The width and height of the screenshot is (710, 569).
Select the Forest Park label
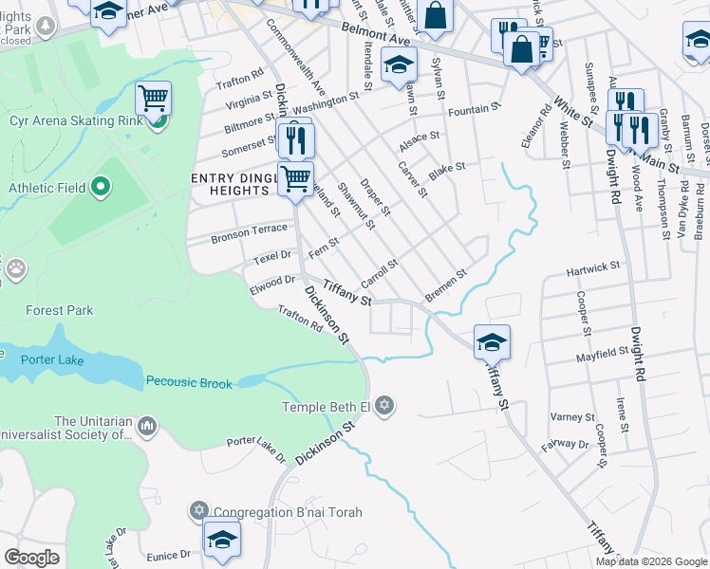[59, 310]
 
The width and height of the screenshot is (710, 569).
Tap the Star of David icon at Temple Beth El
[384, 407]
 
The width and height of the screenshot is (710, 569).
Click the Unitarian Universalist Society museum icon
[147, 427]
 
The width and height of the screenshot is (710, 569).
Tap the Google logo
[31, 557]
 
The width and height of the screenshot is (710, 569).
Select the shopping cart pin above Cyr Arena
[153, 97]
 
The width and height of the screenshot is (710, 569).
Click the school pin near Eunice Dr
[222, 539]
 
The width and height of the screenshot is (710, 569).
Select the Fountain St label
[474, 111]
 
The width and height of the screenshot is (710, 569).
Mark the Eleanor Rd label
[544, 129]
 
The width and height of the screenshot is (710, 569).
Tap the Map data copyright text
[650, 560]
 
